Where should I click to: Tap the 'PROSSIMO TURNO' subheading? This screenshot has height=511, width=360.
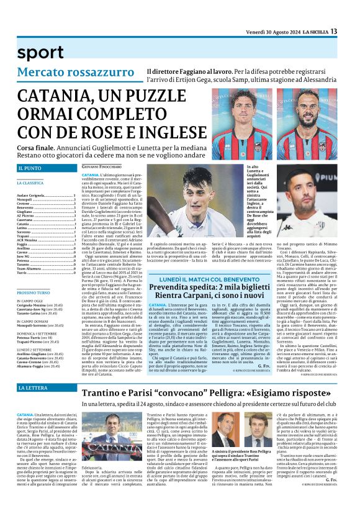35,292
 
